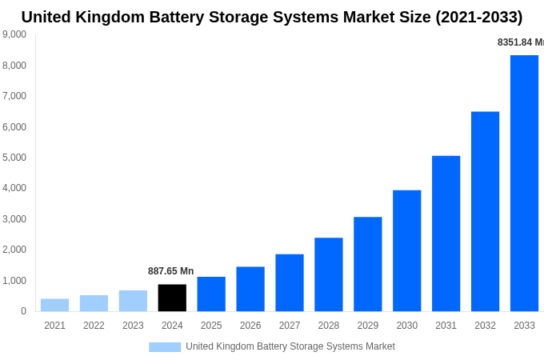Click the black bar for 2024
coord(172,298)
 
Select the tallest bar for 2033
coord(524,183)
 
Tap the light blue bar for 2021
coord(54,305)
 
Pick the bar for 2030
coord(406,250)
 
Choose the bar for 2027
coord(290,282)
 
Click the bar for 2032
coord(485,211)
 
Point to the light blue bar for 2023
coord(133,301)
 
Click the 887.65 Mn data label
coord(170,271)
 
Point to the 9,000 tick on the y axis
coord(14,34)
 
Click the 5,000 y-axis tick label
coord(14,158)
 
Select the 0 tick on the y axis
coord(23,311)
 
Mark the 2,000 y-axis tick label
coord(14,250)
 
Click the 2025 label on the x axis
coord(211,326)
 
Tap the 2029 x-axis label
coord(368,326)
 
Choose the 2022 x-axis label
coord(94,326)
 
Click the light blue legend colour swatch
coord(165,346)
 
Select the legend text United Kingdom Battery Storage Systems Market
coord(290,346)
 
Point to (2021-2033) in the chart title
coord(478,17)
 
